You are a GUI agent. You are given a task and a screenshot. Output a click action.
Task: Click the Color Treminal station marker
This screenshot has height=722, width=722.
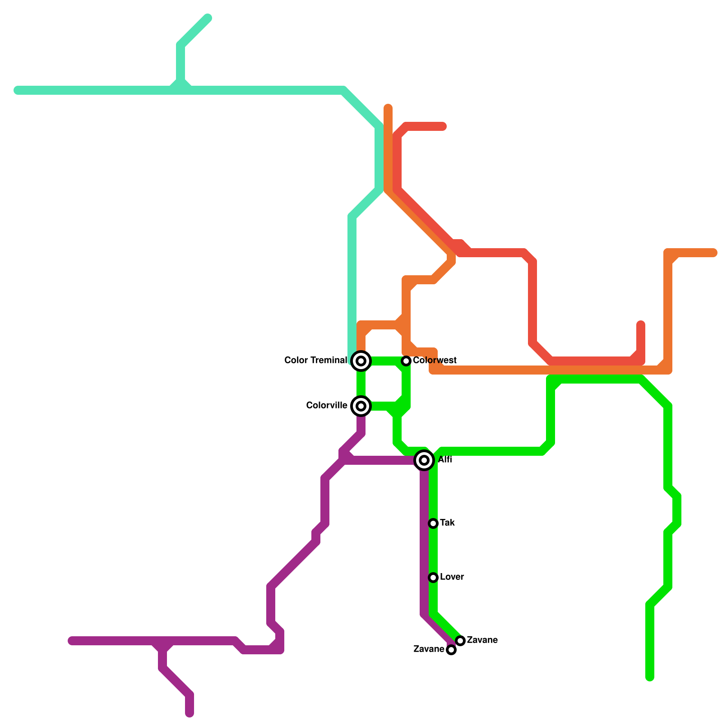tap(361, 361)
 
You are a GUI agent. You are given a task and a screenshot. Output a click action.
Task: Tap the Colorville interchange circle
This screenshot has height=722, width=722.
tap(361, 406)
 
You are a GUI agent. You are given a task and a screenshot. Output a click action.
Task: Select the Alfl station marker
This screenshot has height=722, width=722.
tap(424, 460)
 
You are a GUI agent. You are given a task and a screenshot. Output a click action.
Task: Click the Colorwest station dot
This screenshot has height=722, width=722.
tap(406, 361)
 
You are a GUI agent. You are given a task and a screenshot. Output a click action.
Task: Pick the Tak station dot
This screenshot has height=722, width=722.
tap(433, 523)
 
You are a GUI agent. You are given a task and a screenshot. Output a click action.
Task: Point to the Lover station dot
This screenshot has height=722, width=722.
tap(433, 578)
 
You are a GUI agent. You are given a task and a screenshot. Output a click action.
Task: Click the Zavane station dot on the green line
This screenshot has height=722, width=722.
tap(460, 641)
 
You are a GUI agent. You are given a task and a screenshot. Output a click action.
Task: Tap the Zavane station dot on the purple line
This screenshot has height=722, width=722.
tap(451, 650)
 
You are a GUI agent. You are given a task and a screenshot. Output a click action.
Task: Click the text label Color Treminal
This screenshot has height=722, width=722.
tap(315, 360)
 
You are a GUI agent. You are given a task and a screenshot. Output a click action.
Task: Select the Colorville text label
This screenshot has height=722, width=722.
tap(326, 405)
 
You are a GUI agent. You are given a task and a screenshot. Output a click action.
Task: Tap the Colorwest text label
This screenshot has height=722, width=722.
tap(435, 360)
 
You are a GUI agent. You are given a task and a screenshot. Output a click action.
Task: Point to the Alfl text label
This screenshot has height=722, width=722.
tap(445, 460)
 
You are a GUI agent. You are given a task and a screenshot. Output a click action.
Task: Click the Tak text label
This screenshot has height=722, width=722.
tap(447, 523)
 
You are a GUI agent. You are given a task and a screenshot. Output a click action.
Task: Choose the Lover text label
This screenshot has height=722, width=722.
tap(452, 577)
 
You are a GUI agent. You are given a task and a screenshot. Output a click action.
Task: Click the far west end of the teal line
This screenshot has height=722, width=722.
tap(17, 90)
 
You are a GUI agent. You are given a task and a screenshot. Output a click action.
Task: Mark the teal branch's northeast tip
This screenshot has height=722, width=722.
tap(208, 18)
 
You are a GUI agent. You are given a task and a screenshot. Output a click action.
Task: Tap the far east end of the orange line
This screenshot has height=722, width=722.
tap(714, 253)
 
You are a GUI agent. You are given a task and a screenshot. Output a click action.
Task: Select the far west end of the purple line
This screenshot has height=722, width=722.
tap(71, 641)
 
